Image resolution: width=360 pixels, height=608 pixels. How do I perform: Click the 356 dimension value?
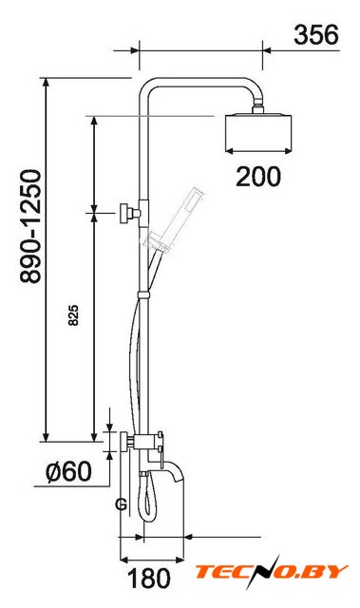[315, 34]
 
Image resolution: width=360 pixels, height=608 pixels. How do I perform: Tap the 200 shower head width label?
[258, 177]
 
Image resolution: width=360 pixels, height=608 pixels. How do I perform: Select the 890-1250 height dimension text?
[31, 226]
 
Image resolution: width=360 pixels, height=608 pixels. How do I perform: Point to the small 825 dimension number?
[73, 314]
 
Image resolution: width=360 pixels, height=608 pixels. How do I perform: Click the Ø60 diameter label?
[68, 471]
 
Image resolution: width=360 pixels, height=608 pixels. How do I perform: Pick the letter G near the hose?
[121, 504]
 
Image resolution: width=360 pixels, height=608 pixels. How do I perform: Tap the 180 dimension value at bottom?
[149, 579]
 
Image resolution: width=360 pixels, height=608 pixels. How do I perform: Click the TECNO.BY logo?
[272, 572]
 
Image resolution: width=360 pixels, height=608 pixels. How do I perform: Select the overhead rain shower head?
[258, 131]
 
